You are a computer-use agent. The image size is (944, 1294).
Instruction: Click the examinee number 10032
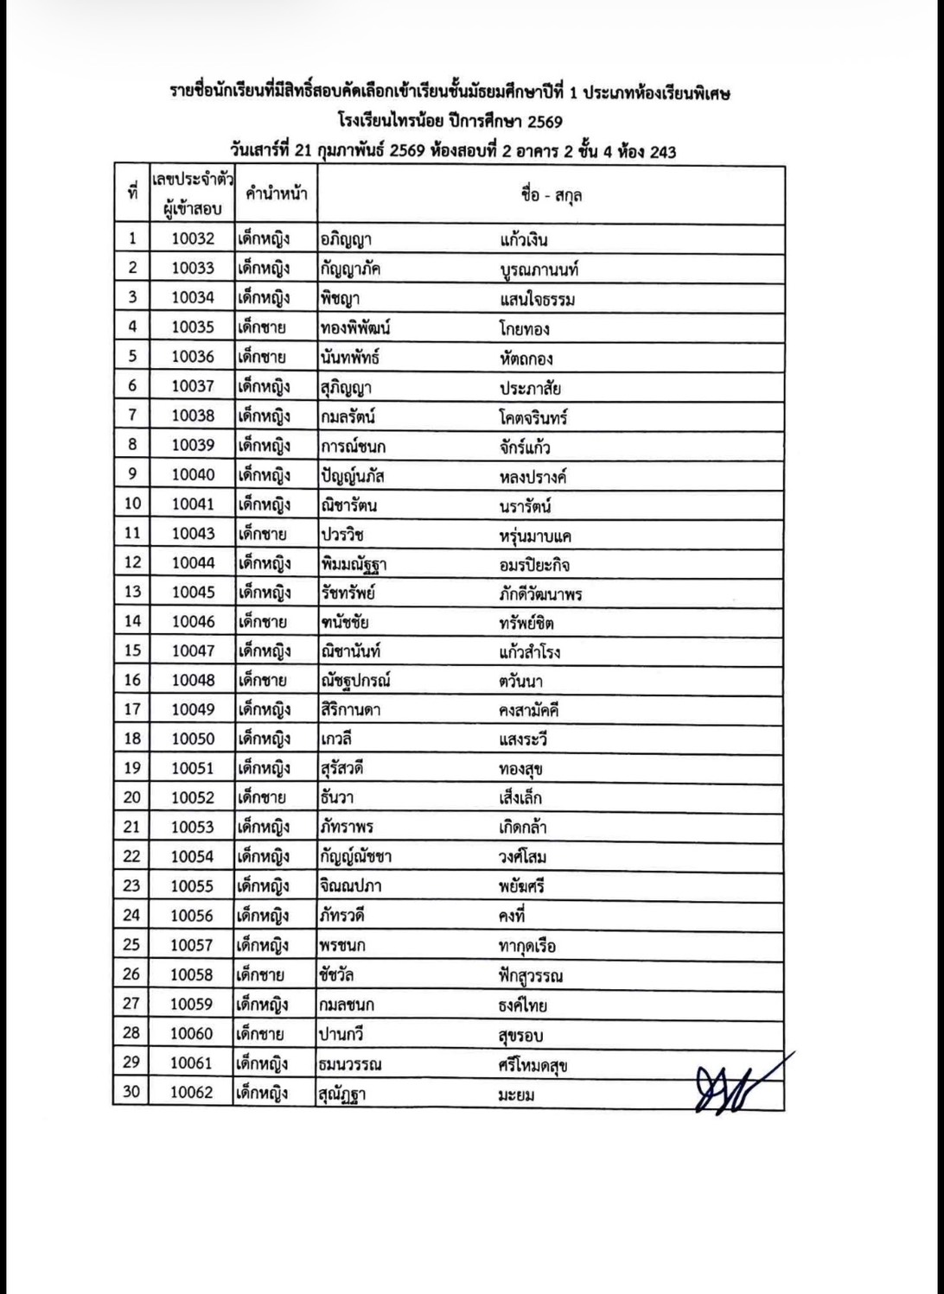(192, 239)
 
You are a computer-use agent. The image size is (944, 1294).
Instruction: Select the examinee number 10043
(192, 534)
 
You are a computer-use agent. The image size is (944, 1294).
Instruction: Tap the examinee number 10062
(191, 1093)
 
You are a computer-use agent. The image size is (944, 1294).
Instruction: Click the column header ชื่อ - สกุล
(551, 194)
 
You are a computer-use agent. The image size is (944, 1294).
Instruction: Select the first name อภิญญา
(346, 239)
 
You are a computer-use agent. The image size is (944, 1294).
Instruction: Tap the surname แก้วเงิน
(523, 239)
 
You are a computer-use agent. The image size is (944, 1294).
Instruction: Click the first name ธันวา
(336, 798)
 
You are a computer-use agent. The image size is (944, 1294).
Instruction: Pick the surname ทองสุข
(520, 769)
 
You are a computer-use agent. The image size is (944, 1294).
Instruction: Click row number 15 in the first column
(132, 651)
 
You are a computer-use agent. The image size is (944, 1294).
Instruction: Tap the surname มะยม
(516, 1094)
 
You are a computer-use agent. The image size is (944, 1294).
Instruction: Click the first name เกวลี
(335, 739)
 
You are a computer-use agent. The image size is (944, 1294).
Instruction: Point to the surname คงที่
(512, 916)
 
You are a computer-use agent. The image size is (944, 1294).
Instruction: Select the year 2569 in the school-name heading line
(545, 122)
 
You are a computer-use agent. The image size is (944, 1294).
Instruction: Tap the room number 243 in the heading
(662, 151)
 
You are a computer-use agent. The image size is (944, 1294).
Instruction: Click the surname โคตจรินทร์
(533, 416)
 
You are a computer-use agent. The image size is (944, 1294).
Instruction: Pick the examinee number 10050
(192, 739)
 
